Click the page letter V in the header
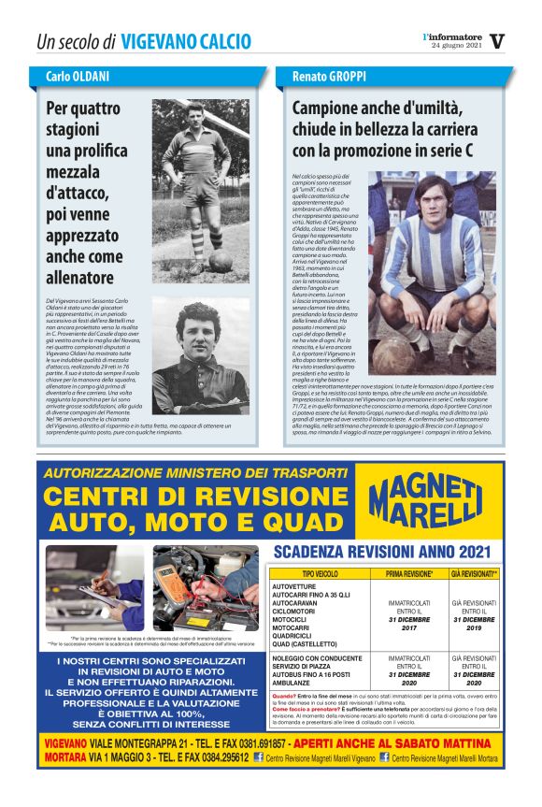pyautogui.click(x=497, y=41)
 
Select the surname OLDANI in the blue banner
pyautogui.click(x=92, y=76)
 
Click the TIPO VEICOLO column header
pyautogui.click(x=321, y=574)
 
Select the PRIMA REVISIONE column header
pyautogui.click(x=408, y=574)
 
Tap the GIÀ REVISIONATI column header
pyautogui.click(x=475, y=574)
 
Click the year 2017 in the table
pyautogui.click(x=408, y=627)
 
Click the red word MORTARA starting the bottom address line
pyautogui.click(x=65, y=757)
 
